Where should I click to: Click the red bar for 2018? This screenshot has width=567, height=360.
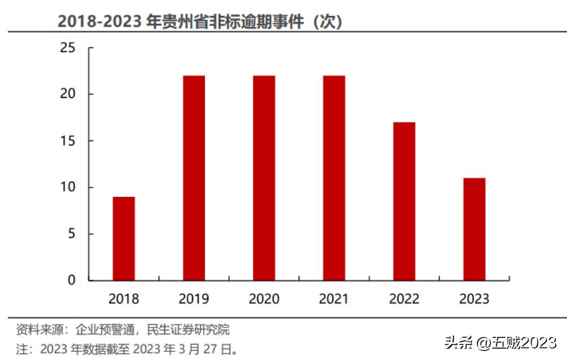coord(124,239)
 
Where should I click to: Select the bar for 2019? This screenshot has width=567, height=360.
coord(194,178)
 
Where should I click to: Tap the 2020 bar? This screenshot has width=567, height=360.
coord(264,178)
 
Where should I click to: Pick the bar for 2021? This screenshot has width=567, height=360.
coord(334,178)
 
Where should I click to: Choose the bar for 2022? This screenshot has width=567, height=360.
coord(404,201)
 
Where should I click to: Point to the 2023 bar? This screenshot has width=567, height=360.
coord(474,230)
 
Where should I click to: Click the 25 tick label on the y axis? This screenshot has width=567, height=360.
coord(68,48)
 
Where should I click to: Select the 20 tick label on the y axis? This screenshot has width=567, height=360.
coord(68,94)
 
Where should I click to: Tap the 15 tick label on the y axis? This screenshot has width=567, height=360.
coord(68,141)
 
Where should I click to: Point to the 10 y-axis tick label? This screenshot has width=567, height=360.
coord(68,187)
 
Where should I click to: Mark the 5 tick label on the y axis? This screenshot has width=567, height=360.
coord(72,234)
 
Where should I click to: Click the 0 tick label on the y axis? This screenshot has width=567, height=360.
coord(72,280)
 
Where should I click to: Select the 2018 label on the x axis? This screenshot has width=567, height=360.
coord(124,298)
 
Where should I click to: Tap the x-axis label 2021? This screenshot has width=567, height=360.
coord(334,298)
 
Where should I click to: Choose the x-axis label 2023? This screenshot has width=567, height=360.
coord(474,298)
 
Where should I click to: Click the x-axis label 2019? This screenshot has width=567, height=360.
coord(194,298)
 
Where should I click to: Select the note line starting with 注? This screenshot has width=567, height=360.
coord(127,349)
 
